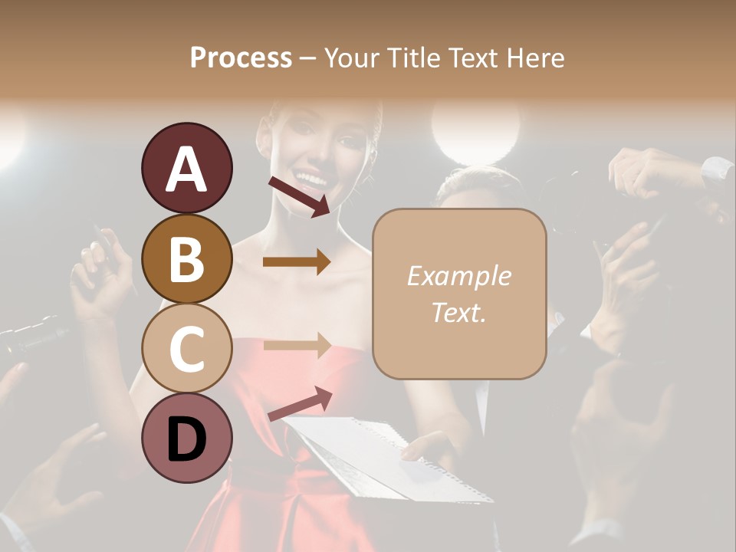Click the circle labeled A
(186, 168)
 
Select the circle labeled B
(186, 258)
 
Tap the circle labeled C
(186, 348)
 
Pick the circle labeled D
(186, 438)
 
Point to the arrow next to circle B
(296, 262)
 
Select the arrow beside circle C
(296, 346)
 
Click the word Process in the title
(241, 58)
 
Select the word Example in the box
(458, 276)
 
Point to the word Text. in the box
(458, 312)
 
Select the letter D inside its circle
(186, 439)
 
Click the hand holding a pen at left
(100, 272)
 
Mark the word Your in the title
(353, 58)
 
